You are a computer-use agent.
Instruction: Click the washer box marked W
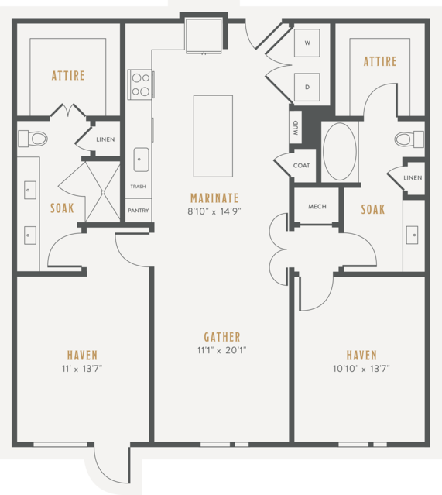[307, 43]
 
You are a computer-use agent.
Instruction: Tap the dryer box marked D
[307, 87]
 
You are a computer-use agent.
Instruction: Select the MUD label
[296, 128]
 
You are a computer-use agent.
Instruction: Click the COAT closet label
[301, 166]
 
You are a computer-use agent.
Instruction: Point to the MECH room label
[317, 207]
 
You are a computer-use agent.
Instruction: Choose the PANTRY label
[139, 210]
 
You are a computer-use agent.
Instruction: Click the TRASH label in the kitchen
[139, 187]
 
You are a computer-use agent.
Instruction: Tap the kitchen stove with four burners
[141, 84]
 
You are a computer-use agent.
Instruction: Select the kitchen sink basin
[141, 160]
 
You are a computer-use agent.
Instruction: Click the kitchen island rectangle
[214, 136]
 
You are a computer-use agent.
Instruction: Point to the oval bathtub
[340, 152]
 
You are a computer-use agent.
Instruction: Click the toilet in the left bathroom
[33, 138]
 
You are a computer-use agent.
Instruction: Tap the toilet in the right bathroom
[409, 139]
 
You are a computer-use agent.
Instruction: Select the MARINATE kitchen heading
[214, 198]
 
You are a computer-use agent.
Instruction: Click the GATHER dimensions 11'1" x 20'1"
[222, 350]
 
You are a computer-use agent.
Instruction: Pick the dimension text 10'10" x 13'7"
[361, 369]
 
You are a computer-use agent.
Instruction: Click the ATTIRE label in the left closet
[68, 76]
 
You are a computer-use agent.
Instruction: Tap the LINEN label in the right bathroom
[413, 177]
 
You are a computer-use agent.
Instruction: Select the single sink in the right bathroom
[412, 235]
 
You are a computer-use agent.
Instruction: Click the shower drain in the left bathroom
[103, 192]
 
